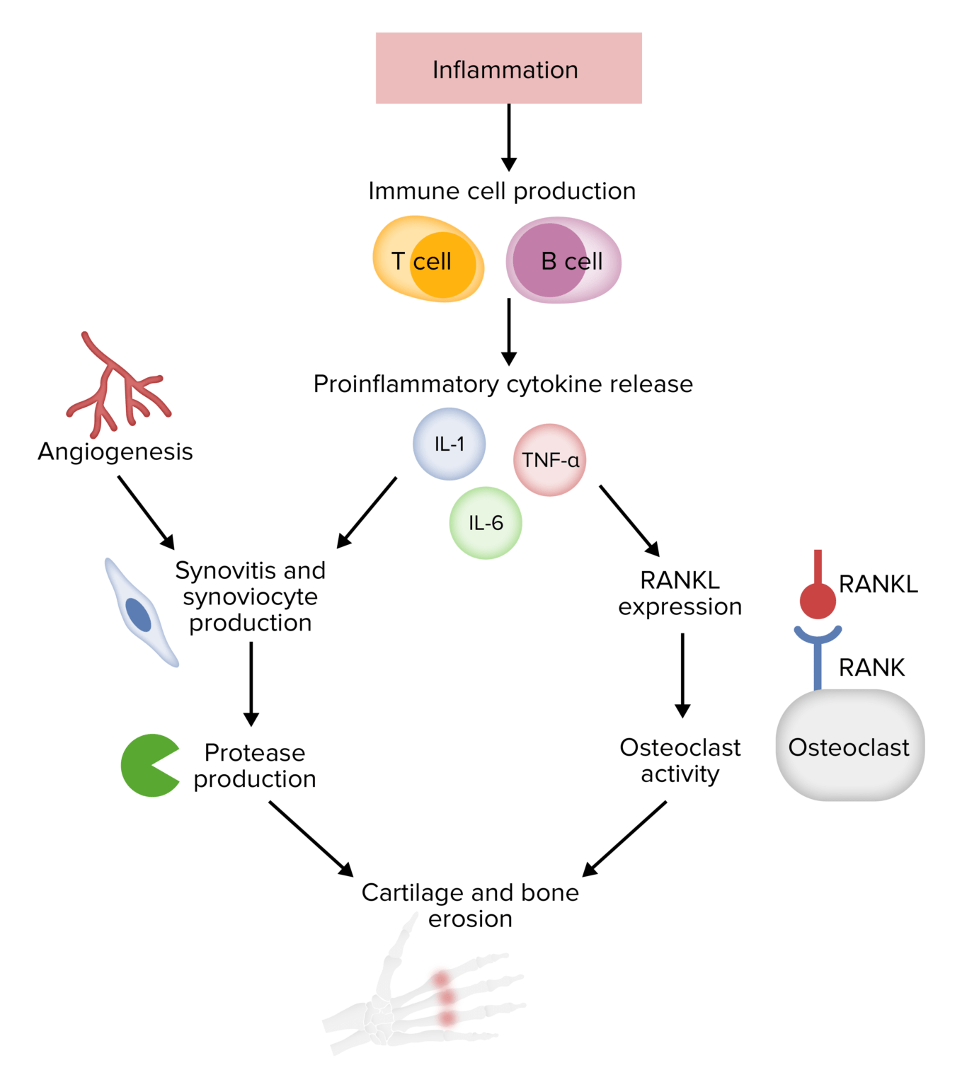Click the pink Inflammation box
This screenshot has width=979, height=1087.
[508, 69]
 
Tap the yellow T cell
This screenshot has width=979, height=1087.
[428, 260]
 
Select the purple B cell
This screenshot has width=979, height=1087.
[563, 260]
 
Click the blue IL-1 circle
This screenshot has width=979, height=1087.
[449, 444]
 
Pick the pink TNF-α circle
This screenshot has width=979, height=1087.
[549, 460]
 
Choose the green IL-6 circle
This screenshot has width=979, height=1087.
[486, 523]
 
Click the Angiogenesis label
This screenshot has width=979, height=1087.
[115, 452]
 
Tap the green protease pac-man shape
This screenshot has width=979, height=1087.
[145, 766]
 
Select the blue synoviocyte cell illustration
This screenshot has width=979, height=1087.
[140, 613]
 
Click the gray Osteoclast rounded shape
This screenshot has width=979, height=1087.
[849, 746]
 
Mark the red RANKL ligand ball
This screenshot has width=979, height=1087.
[818, 600]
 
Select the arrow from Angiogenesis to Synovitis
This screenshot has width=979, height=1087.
[145, 511]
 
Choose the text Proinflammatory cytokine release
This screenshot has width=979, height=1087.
[503, 384]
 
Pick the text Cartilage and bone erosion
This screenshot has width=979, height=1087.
[470, 905]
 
